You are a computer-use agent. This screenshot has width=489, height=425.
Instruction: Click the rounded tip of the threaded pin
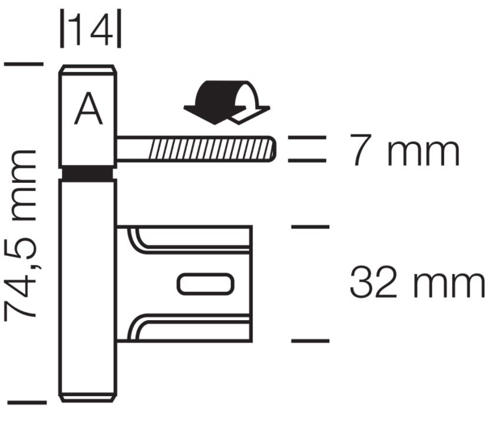pos(276,149)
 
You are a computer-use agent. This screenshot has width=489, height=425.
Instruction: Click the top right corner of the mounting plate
pos(252,226)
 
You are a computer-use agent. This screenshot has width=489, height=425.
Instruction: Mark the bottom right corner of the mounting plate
pos(252,341)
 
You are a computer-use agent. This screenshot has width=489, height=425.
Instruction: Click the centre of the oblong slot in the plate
pos(206,284)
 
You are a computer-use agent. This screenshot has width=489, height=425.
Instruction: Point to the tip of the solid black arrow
pos(215,124)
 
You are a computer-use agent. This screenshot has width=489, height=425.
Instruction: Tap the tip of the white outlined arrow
pos(239,124)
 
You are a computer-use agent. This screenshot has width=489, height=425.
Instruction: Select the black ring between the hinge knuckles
pos(88,174)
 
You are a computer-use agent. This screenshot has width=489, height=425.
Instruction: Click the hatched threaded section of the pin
pos(212,149)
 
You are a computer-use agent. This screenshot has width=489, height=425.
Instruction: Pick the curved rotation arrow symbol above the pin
pos(227,103)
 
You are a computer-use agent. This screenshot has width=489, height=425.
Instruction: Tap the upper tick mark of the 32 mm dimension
pos(310,226)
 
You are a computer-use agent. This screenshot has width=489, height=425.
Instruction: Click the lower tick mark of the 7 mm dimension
pos(307,160)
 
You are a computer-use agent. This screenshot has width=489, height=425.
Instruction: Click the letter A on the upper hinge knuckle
pos(88,108)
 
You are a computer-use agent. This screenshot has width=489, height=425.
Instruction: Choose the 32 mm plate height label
pos(417,282)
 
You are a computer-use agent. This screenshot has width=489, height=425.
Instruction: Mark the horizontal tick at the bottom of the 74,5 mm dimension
pos(27,403)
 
